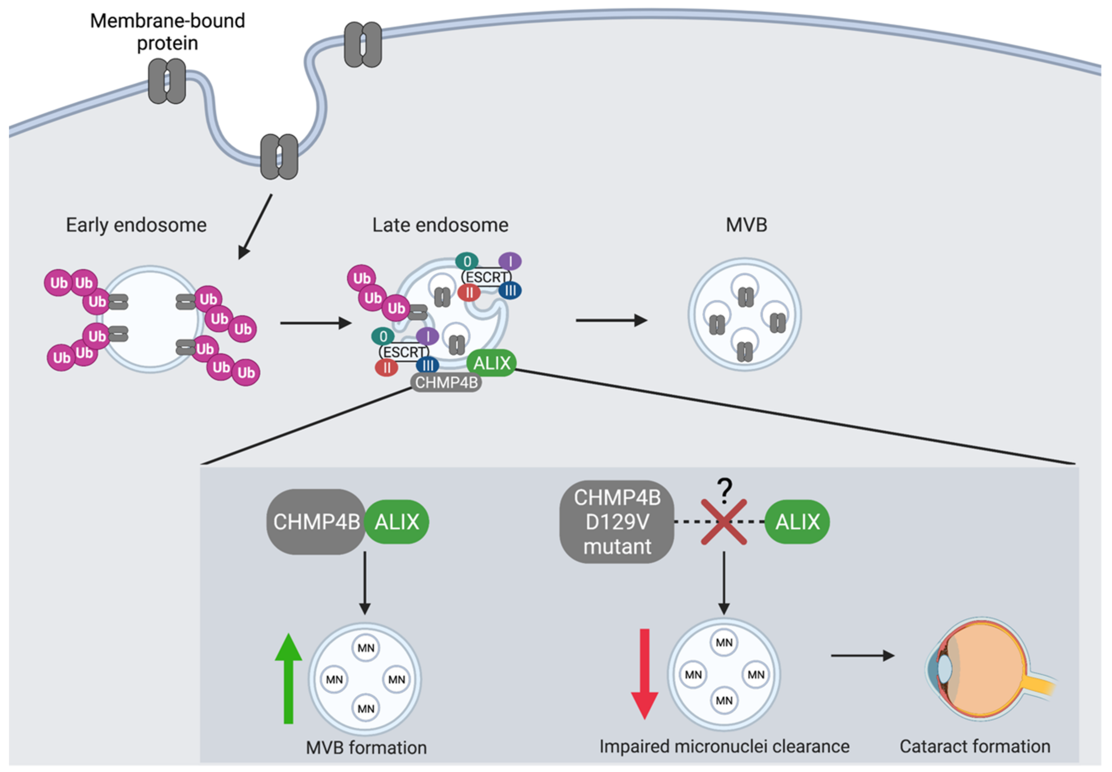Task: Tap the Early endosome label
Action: click(136, 225)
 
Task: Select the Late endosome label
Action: click(440, 225)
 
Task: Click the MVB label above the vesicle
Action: click(746, 225)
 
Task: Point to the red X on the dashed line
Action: click(724, 522)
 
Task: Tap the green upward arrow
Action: click(288, 677)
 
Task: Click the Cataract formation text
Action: click(975, 746)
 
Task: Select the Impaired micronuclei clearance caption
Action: click(724, 746)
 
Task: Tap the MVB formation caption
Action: click(366, 748)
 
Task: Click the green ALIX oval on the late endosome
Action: click(492, 363)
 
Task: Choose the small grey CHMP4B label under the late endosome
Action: click(446, 383)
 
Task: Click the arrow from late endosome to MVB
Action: click(611, 320)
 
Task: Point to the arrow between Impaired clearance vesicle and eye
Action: click(862, 656)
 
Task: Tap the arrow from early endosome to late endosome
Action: click(315, 323)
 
